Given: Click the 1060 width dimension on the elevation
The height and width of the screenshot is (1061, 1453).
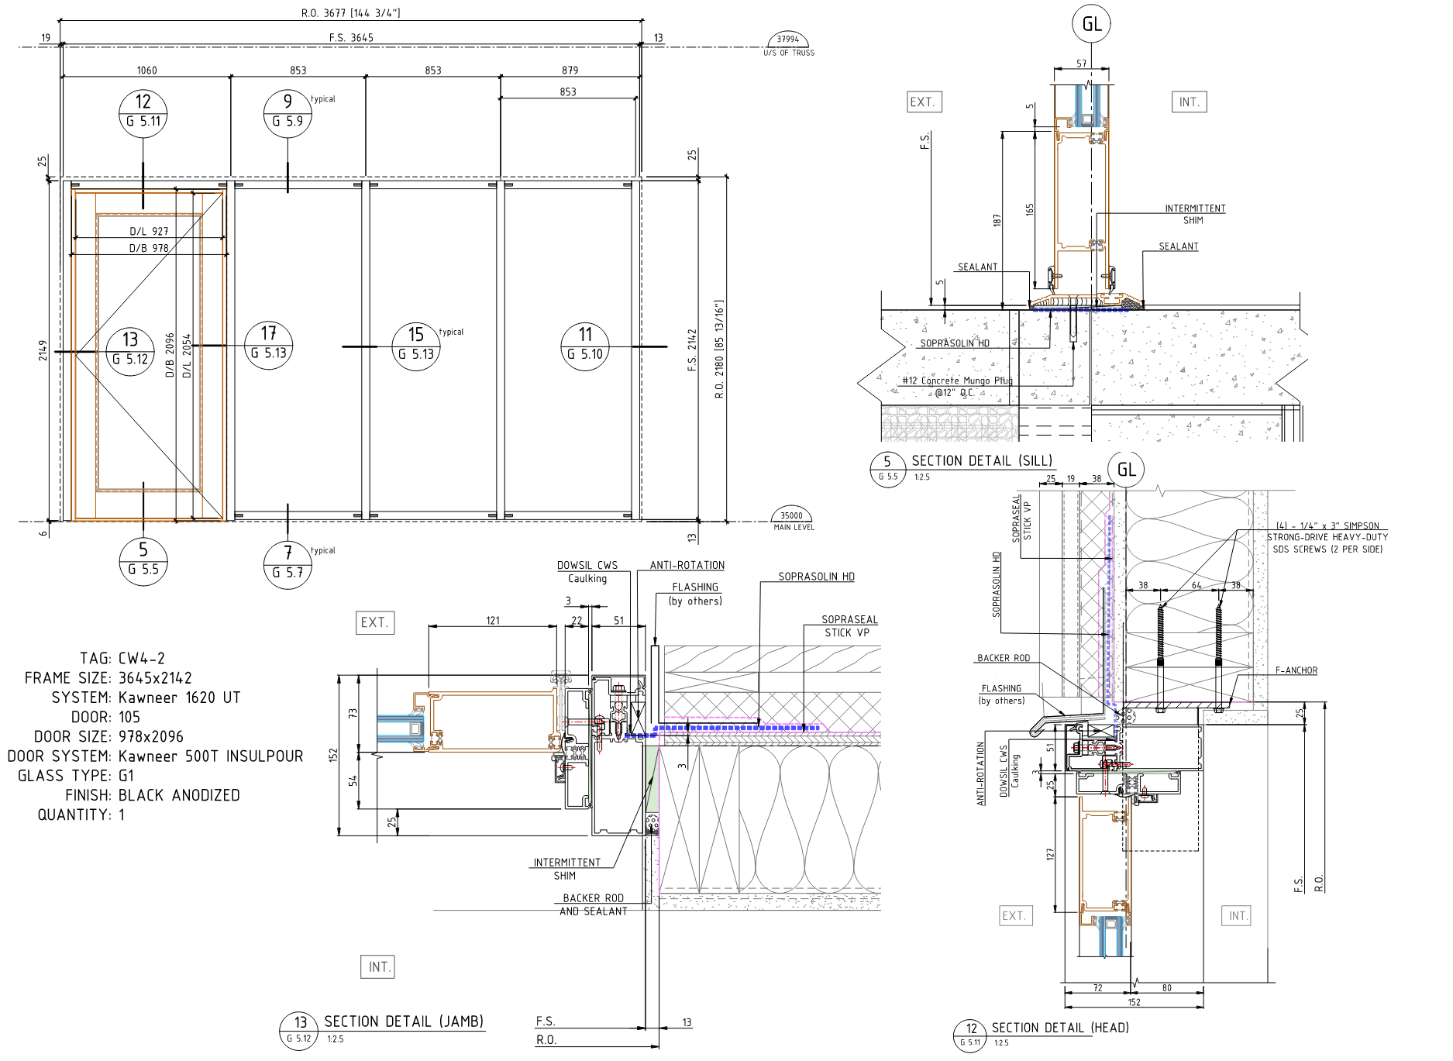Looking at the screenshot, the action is coord(146,71).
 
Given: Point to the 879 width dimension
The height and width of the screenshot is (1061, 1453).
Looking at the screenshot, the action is coord(570,71).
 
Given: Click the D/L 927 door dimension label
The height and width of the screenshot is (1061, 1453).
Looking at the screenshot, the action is coord(149,231).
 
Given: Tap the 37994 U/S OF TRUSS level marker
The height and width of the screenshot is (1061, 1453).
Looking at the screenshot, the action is coord(788,44).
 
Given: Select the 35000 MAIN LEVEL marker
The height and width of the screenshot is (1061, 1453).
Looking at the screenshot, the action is coord(792,520).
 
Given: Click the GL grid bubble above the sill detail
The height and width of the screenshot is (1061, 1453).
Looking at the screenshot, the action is coord(1091,24).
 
